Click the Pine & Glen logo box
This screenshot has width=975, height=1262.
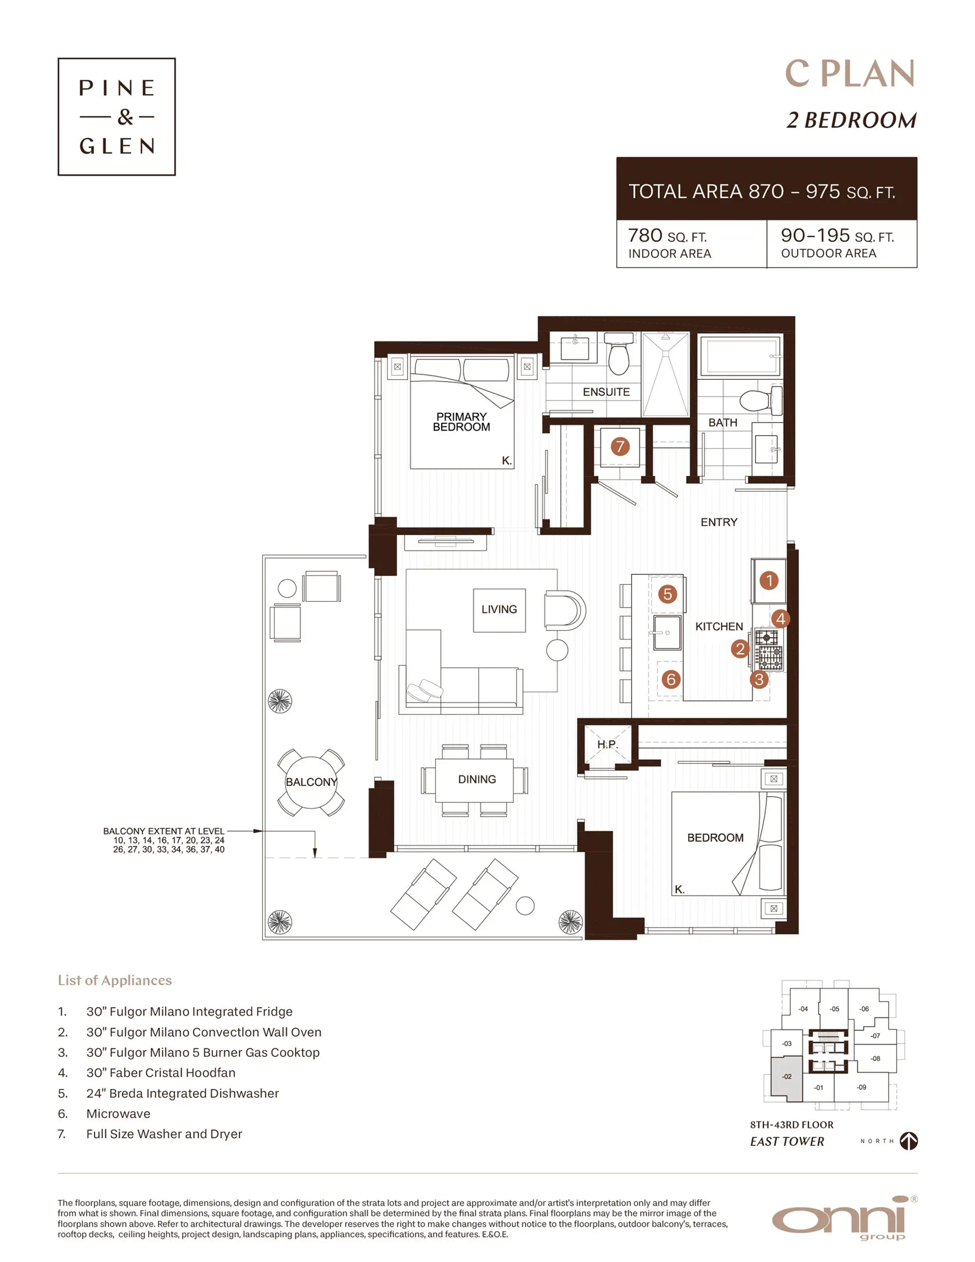click(116, 116)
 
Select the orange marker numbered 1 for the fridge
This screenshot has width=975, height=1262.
click(769, 580)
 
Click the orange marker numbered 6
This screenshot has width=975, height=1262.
click(670, 679)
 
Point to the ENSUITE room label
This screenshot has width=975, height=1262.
click(606, 392)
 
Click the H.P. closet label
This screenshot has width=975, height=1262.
click(607, 745)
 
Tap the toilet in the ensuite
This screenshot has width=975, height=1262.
click(619, 355)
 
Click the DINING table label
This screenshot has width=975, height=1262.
click(477, 780)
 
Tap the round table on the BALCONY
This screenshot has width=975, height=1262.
click(311, 783)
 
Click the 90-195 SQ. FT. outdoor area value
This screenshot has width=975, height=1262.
click(836, 236)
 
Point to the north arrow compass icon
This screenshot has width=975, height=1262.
click(908, 1141)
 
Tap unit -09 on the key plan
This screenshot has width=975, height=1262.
click(861, 1087)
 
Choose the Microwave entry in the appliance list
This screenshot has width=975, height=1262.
click(118, 1114)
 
